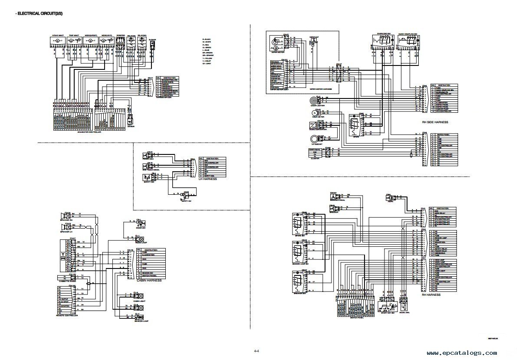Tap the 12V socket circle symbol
point(314,139)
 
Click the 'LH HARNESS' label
point(207,179)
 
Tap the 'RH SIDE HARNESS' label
point(435,122)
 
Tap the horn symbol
point(390,199)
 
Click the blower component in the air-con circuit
point(152,44)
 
